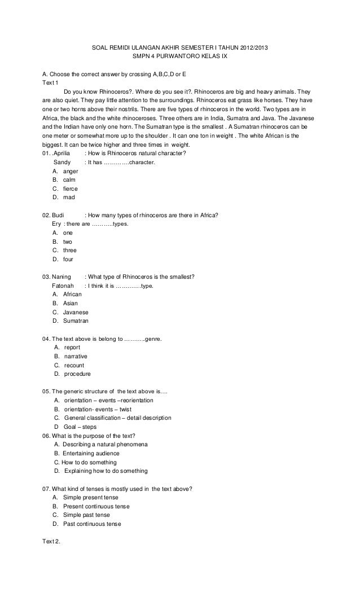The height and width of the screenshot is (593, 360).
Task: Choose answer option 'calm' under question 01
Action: [x=69, y=179]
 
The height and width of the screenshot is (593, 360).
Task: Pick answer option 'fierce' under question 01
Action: [x=71, y=188]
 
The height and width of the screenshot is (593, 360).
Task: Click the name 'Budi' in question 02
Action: [x=58, y=215]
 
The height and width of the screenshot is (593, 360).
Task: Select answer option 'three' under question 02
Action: [x=70, y=250]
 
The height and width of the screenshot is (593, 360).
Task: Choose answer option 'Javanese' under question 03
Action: [x=76, y=312]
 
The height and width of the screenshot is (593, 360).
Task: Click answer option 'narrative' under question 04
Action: [x=76, y=356]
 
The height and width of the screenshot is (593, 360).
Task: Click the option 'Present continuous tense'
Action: [x=96, y=506]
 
